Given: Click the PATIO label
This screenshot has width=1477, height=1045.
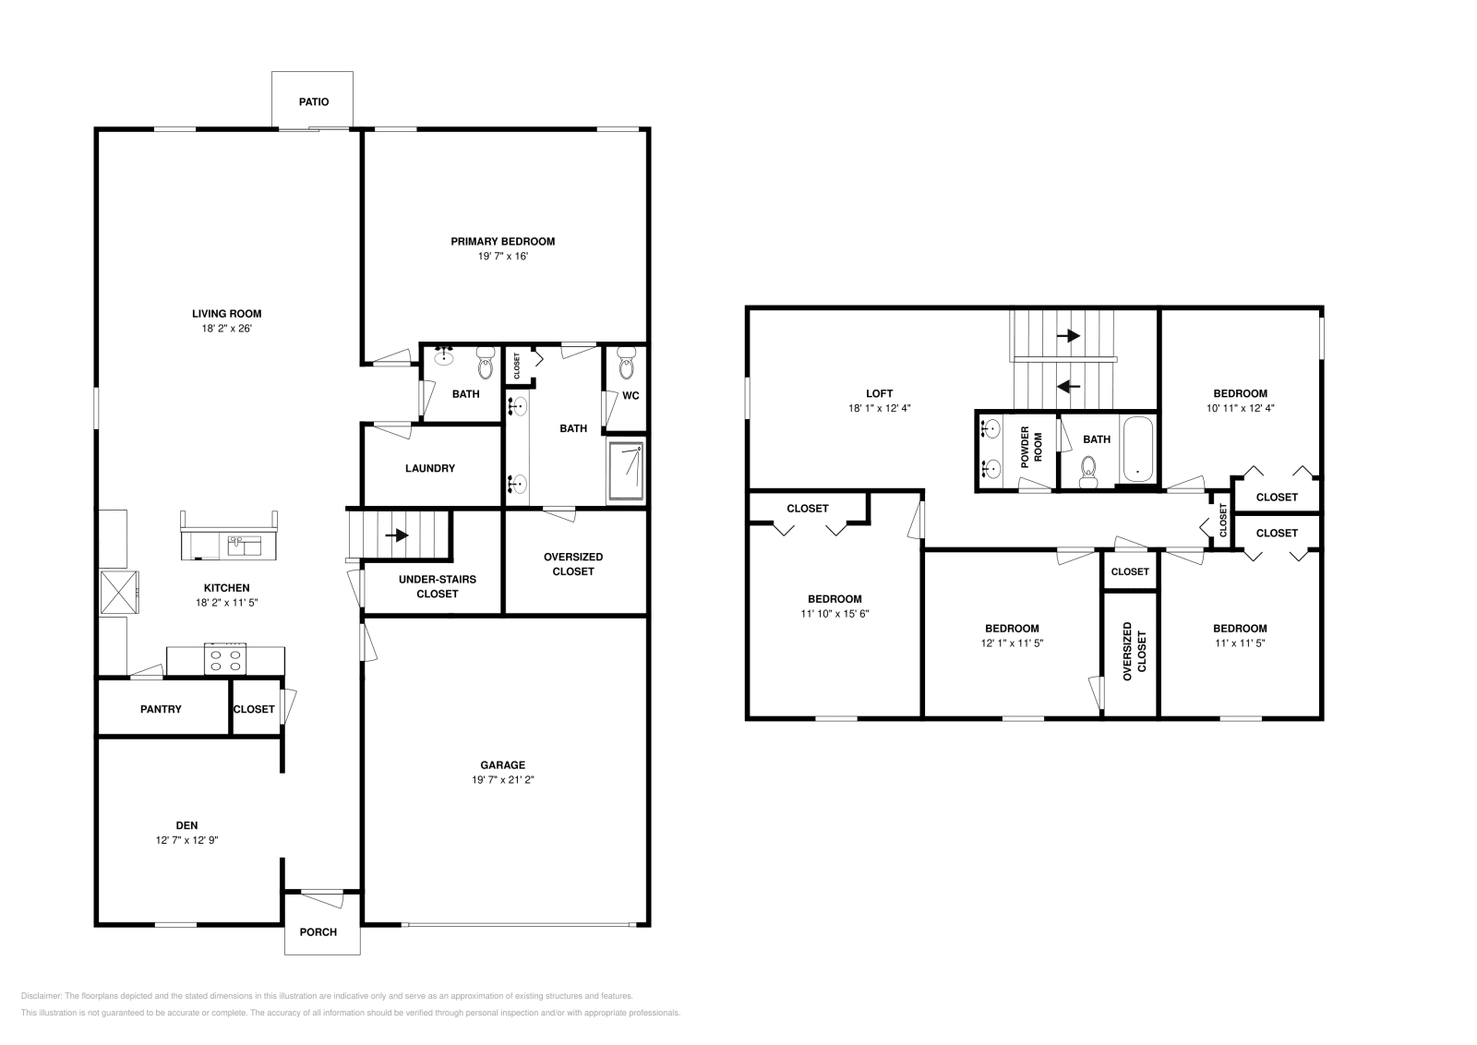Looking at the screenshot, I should click(x=313, y=102).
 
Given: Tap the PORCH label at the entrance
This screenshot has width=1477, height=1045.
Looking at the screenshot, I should click(x=318, y=931).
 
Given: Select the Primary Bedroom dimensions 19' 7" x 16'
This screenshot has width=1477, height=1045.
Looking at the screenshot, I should click(x=502, y=257).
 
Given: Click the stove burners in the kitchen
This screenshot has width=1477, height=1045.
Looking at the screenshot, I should click(x=226, y=659).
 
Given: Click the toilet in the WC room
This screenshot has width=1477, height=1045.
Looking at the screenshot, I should click(x=628, y=366).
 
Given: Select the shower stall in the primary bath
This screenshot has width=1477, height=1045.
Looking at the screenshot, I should click(x=627, y=471).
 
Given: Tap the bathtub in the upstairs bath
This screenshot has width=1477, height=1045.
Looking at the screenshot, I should click(x=1137, y=450).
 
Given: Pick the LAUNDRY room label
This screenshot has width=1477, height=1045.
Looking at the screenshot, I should click(x=430, y=468).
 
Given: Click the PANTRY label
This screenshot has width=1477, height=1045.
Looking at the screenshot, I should click(x=161, y=709).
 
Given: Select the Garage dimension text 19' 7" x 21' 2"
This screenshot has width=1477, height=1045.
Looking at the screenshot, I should click(x=502, y=780).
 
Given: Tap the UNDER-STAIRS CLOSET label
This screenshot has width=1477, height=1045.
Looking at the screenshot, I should click(x=438, y=586).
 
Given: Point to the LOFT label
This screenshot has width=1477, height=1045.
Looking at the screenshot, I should click(x=879, y=393).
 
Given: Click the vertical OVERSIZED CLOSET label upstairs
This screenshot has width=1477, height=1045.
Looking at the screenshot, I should click(x=1134, y=652).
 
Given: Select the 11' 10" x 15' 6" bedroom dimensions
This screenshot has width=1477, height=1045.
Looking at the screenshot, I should click(x=835, y=613).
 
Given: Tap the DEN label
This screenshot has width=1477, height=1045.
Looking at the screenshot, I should click(x=186, y=825).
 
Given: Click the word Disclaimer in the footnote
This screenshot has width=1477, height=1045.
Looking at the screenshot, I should click(x=40, y=996).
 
